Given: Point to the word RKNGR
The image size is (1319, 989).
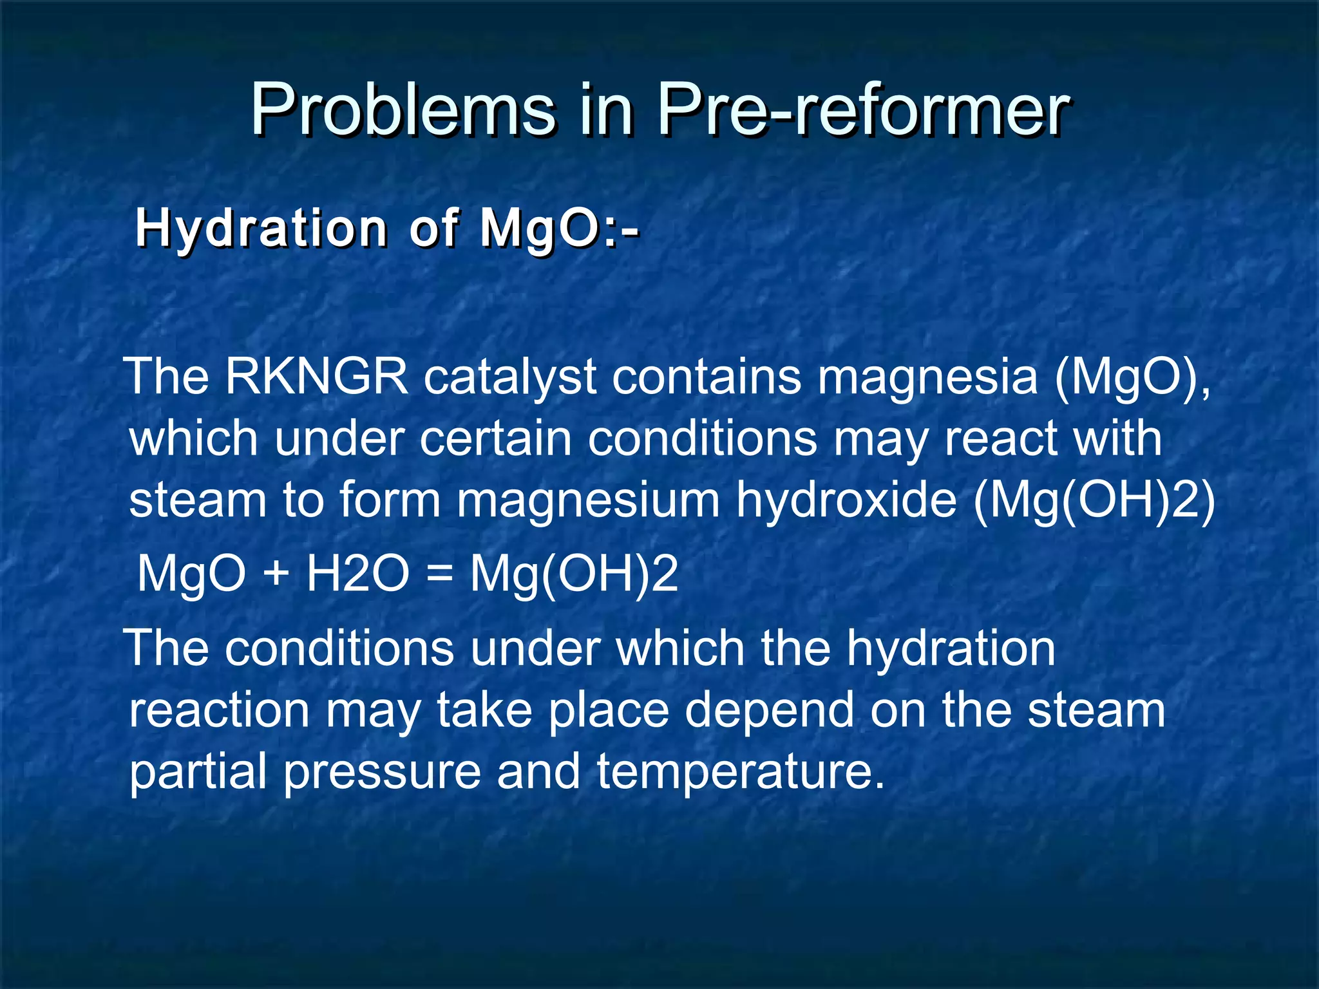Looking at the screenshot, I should (316, 377).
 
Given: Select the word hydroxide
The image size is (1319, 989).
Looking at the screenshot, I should (846, 500).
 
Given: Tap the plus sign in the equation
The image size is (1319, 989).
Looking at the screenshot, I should (275, 573).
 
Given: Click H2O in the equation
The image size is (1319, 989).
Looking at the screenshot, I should (357, 573).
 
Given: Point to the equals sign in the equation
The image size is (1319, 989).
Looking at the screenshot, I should (439, 573).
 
